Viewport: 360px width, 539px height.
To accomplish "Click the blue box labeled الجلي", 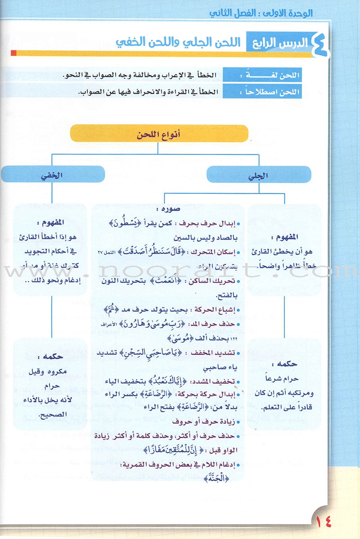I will (x=259, y=175).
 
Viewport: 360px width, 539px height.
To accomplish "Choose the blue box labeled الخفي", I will (x=53, y=175).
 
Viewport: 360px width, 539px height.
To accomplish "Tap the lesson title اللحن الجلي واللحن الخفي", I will (x=177, y=43).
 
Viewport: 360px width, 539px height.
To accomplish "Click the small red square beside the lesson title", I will (x=13, y=54).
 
